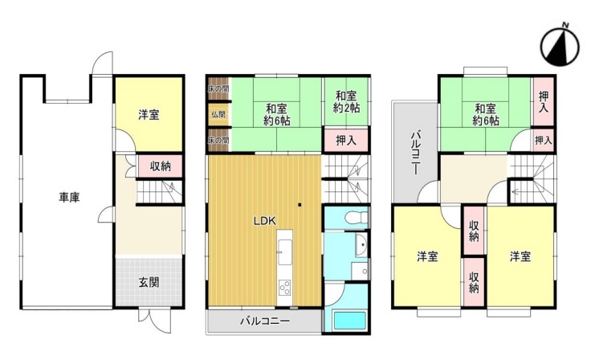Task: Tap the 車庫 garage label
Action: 69,198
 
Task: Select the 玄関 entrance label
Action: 149,283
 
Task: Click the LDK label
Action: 264,221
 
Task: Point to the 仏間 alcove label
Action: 218,114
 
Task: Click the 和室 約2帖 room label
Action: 346,102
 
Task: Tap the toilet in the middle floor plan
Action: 356,218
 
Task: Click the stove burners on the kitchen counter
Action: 284,287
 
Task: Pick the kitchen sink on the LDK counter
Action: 284,252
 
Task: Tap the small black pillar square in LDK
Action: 300,205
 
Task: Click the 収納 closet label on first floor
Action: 160,166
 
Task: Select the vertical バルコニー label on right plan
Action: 415,153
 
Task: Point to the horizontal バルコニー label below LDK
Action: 265,321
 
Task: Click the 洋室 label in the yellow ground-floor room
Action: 149,115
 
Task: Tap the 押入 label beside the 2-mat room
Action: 346,141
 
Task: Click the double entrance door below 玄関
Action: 156,321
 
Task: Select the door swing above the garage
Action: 103,63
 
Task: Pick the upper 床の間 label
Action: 218,89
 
